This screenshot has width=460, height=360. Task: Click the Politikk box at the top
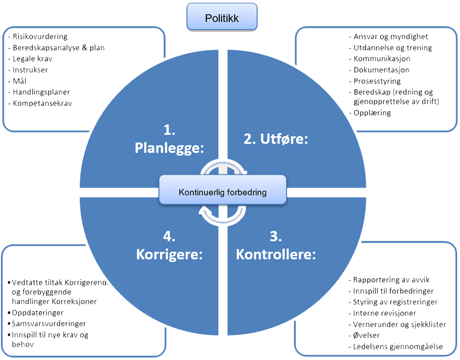pyautogui.click(x=222, y=18)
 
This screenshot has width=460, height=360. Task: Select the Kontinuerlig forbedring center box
pyautogui.click(x=223, y=192)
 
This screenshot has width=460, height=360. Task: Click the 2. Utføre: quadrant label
pyautogui.click(x=276, y=139)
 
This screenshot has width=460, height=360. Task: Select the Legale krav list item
pyautogui.click(x=32, y=59)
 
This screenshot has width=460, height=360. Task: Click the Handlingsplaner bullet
pyautogui.click(x=42, y=92)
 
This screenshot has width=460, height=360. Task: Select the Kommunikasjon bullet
pyautogui.click(x=382, y=59)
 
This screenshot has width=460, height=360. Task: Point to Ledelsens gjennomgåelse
pyautogui.click(x=398, y=346)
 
